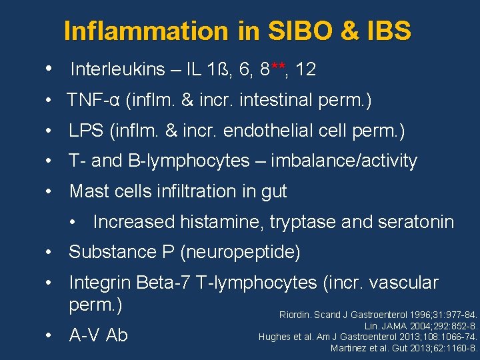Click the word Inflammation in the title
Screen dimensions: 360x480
point(145,31)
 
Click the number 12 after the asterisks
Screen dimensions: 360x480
point(306,69)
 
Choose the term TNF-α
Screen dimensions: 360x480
point(93,100)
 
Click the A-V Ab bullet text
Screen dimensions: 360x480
point(98,335)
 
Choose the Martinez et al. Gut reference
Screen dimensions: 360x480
point(404,348)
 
